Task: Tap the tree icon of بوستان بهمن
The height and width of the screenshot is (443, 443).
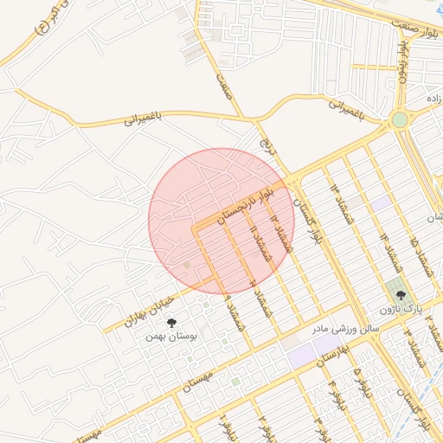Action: (170, 323)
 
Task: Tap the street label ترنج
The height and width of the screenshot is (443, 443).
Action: (266, 138)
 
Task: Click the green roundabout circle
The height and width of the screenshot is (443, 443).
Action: (399, 120)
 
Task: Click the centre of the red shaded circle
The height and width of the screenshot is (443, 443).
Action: (221, 220)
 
